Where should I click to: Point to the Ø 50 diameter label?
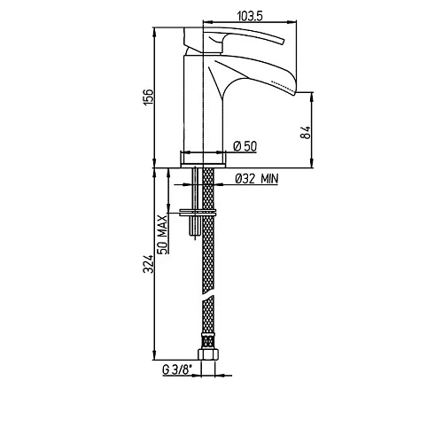(245, 145)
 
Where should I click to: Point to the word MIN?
(269, 178)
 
